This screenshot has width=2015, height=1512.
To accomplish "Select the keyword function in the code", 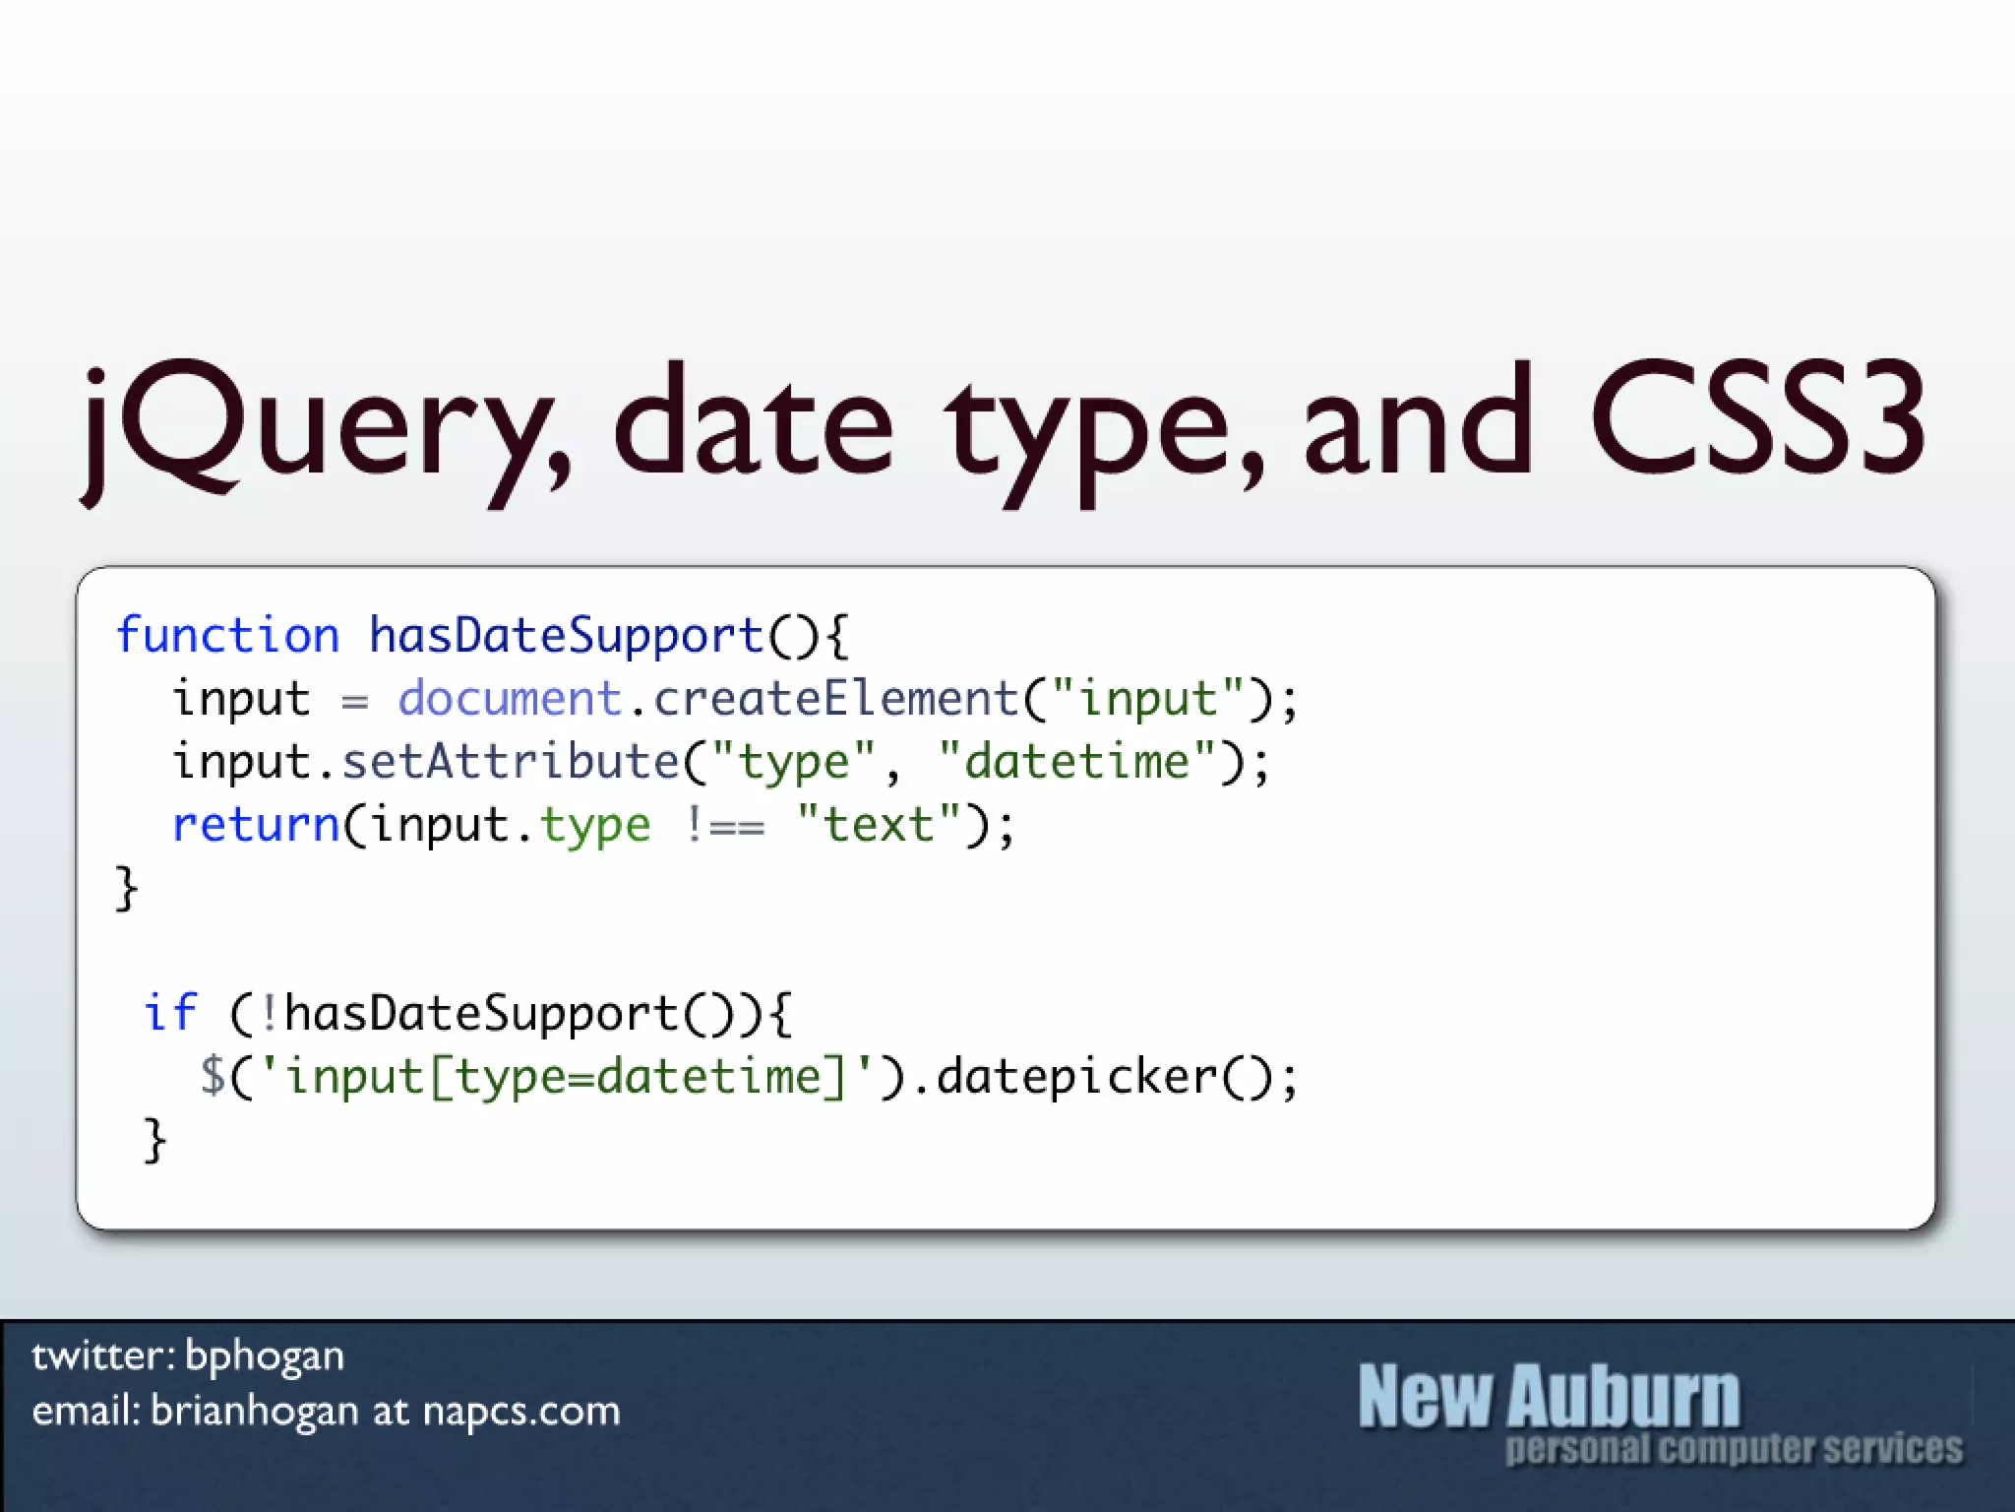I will [x=227, y=636].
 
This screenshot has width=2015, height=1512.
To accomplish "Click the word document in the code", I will [x=510, y=699].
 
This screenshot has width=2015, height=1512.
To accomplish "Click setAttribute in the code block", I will [x=511, y=762].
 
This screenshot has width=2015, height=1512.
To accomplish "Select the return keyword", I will [x=256, y=825].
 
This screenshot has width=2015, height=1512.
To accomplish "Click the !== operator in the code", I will [x=724, y=825].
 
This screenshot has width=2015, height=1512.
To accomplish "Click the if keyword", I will [x=170, y=1013].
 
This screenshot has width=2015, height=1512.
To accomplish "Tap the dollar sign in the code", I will [x=213, y=1076].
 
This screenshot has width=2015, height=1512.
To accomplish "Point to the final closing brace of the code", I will [x=154, y=1141].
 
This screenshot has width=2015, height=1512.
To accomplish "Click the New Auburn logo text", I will [x=1549, y=1396].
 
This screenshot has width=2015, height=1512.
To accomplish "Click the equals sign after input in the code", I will [x=355, y=702].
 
